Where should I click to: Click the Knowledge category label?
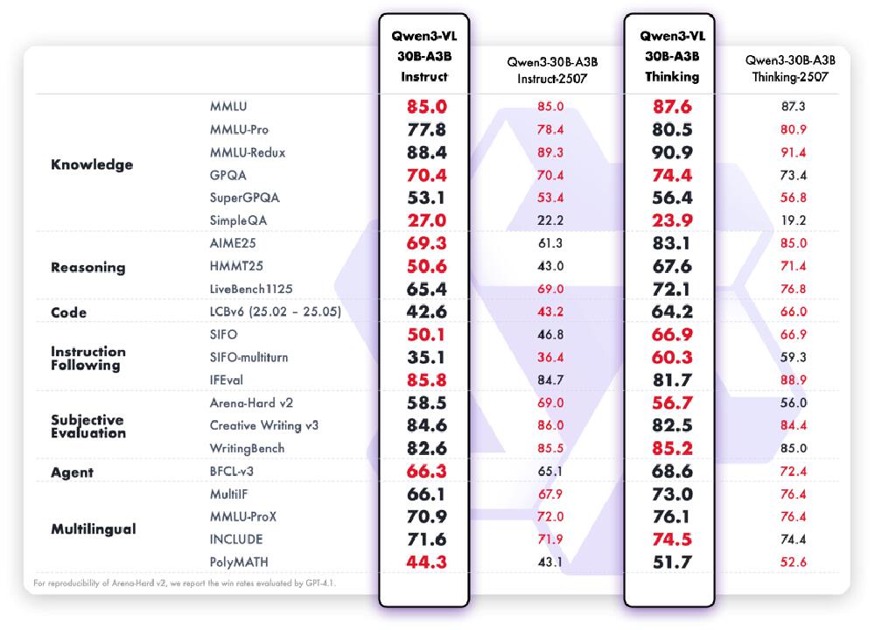(92, 164)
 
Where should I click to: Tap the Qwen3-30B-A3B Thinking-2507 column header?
(790, 68)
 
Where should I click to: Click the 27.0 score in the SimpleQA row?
(426, 220)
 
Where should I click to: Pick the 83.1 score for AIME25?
(672, 243)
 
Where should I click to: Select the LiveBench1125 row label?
(248, 289)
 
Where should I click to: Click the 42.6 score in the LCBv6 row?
(426, 311)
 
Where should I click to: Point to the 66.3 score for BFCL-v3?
(426, 471)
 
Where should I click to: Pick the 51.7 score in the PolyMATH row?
(672, 562)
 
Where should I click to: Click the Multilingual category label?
(93, 529)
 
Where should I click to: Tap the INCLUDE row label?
(235, 539)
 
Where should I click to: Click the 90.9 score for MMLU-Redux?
(672, 152)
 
